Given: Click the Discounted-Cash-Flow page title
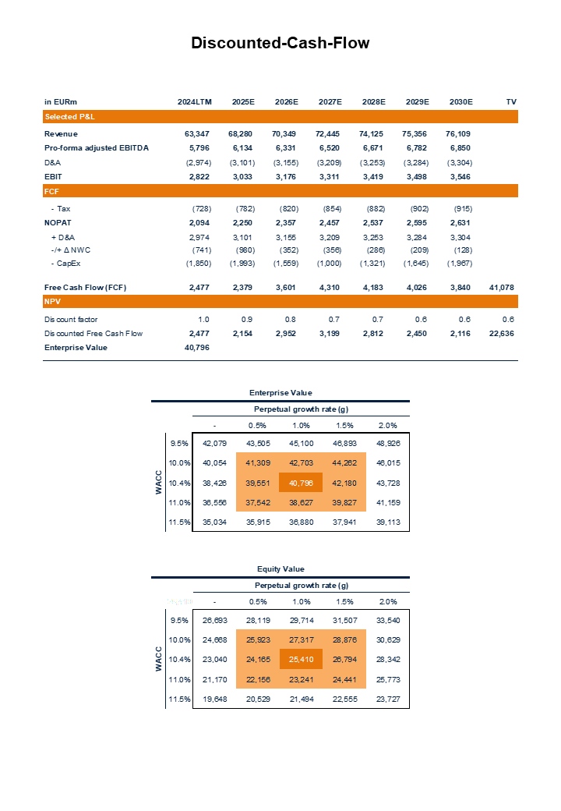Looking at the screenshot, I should (280, 44).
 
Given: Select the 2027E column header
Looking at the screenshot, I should (330, 102).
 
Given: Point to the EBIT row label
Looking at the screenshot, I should (54, 177).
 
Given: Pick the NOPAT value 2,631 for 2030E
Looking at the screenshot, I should (461, 222).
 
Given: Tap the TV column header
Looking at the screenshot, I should (511, 102).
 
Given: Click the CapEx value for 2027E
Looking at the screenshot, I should (330, 264).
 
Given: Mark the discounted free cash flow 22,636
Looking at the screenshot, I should (502, 334).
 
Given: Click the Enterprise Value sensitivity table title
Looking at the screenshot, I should (280, 393).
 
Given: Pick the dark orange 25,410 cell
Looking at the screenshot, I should (301, 659).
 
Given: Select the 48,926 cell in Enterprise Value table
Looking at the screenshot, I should (387, 444).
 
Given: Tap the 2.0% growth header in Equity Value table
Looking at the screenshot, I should (387, 601).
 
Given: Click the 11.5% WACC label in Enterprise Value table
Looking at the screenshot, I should (179, 522).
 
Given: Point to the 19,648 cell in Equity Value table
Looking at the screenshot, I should (214, 699).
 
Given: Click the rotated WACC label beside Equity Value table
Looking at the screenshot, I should (158, 659).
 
